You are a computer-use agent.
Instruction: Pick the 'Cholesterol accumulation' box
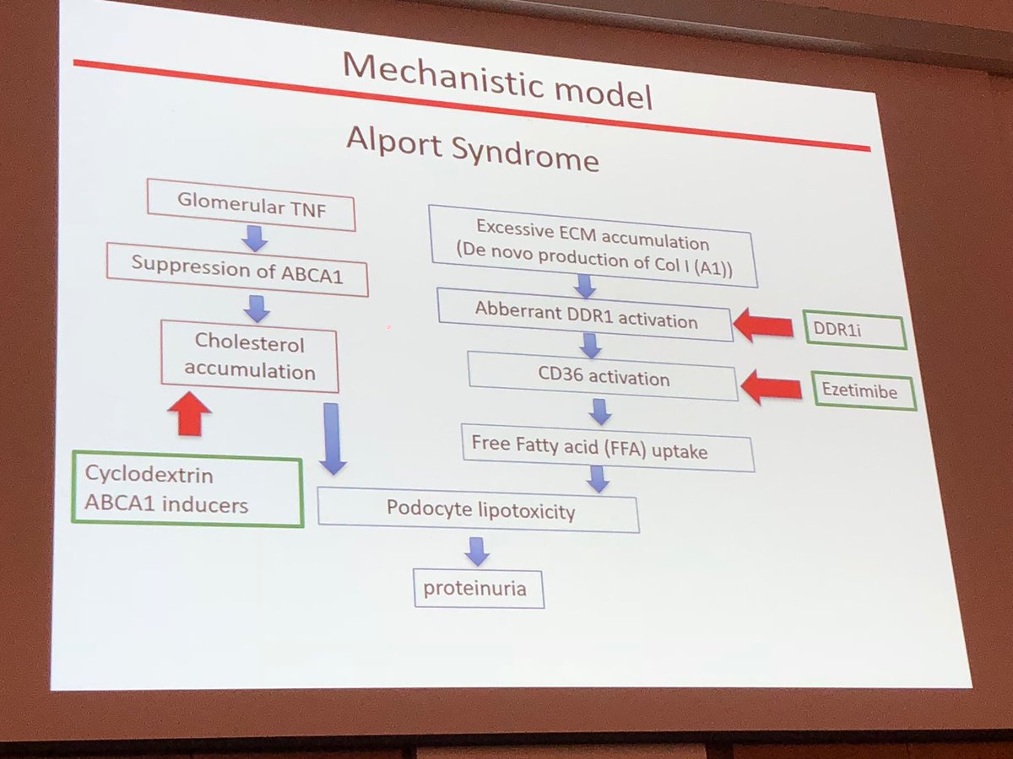pyautogui.click(x=250, y=358)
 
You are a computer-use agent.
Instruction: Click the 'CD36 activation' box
pyautogui.click(x=603, y=377)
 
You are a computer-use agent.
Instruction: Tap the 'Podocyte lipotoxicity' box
pyautogui.click(x=479, y=510)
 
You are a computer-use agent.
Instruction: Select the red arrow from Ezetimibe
pyautogui.click(x=771, y=388)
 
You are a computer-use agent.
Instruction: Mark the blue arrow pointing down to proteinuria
pyautogui.click(x=477, y=551)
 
